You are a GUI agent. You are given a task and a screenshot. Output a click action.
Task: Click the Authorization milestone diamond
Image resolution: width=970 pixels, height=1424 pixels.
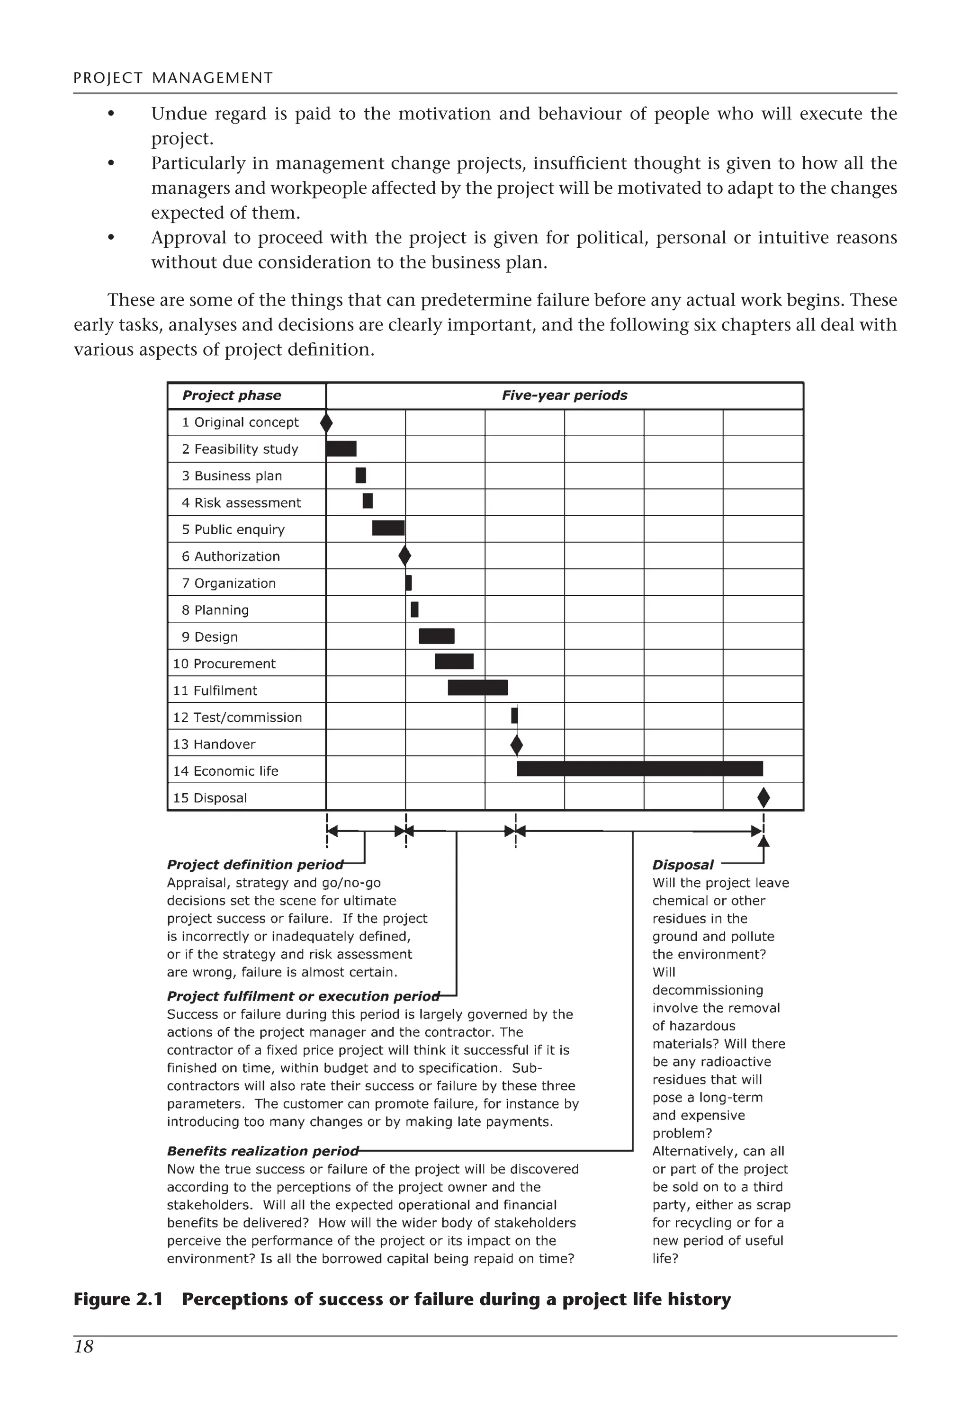point(404,556)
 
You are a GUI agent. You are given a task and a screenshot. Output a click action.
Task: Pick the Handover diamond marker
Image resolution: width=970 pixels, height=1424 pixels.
point(517,745)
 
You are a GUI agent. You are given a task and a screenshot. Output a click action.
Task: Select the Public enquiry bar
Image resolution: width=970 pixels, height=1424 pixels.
point(388,528)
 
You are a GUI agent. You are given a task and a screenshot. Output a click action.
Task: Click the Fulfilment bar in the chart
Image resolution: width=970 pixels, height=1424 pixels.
point(477,688)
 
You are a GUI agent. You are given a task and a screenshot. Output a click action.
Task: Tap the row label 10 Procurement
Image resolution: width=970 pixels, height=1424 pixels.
point(225,663)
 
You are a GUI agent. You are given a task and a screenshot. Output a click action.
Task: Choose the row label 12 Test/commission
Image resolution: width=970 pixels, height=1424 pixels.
point(237,717)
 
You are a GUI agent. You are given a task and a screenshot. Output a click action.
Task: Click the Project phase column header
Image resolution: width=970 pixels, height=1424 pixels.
point(232,395)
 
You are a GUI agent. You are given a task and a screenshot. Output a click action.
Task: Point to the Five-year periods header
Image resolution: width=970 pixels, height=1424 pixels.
point(565,395)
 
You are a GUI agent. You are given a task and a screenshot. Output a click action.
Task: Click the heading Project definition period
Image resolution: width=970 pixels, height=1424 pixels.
point(255,865)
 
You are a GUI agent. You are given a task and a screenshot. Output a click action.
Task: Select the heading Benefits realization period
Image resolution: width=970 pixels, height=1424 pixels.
point(262,1151)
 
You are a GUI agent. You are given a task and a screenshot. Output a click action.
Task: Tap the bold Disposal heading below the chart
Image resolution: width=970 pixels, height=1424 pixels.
point(683,865)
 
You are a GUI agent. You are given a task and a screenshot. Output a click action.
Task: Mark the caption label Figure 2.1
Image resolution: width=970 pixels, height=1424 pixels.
point(117,1299)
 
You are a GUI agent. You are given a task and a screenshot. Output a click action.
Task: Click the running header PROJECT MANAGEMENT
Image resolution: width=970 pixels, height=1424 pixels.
point(173,78)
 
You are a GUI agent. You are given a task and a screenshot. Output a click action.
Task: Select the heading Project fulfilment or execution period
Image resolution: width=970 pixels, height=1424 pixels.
point(303,996)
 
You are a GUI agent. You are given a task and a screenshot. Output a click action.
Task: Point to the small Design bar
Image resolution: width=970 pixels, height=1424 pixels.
point(436,636)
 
